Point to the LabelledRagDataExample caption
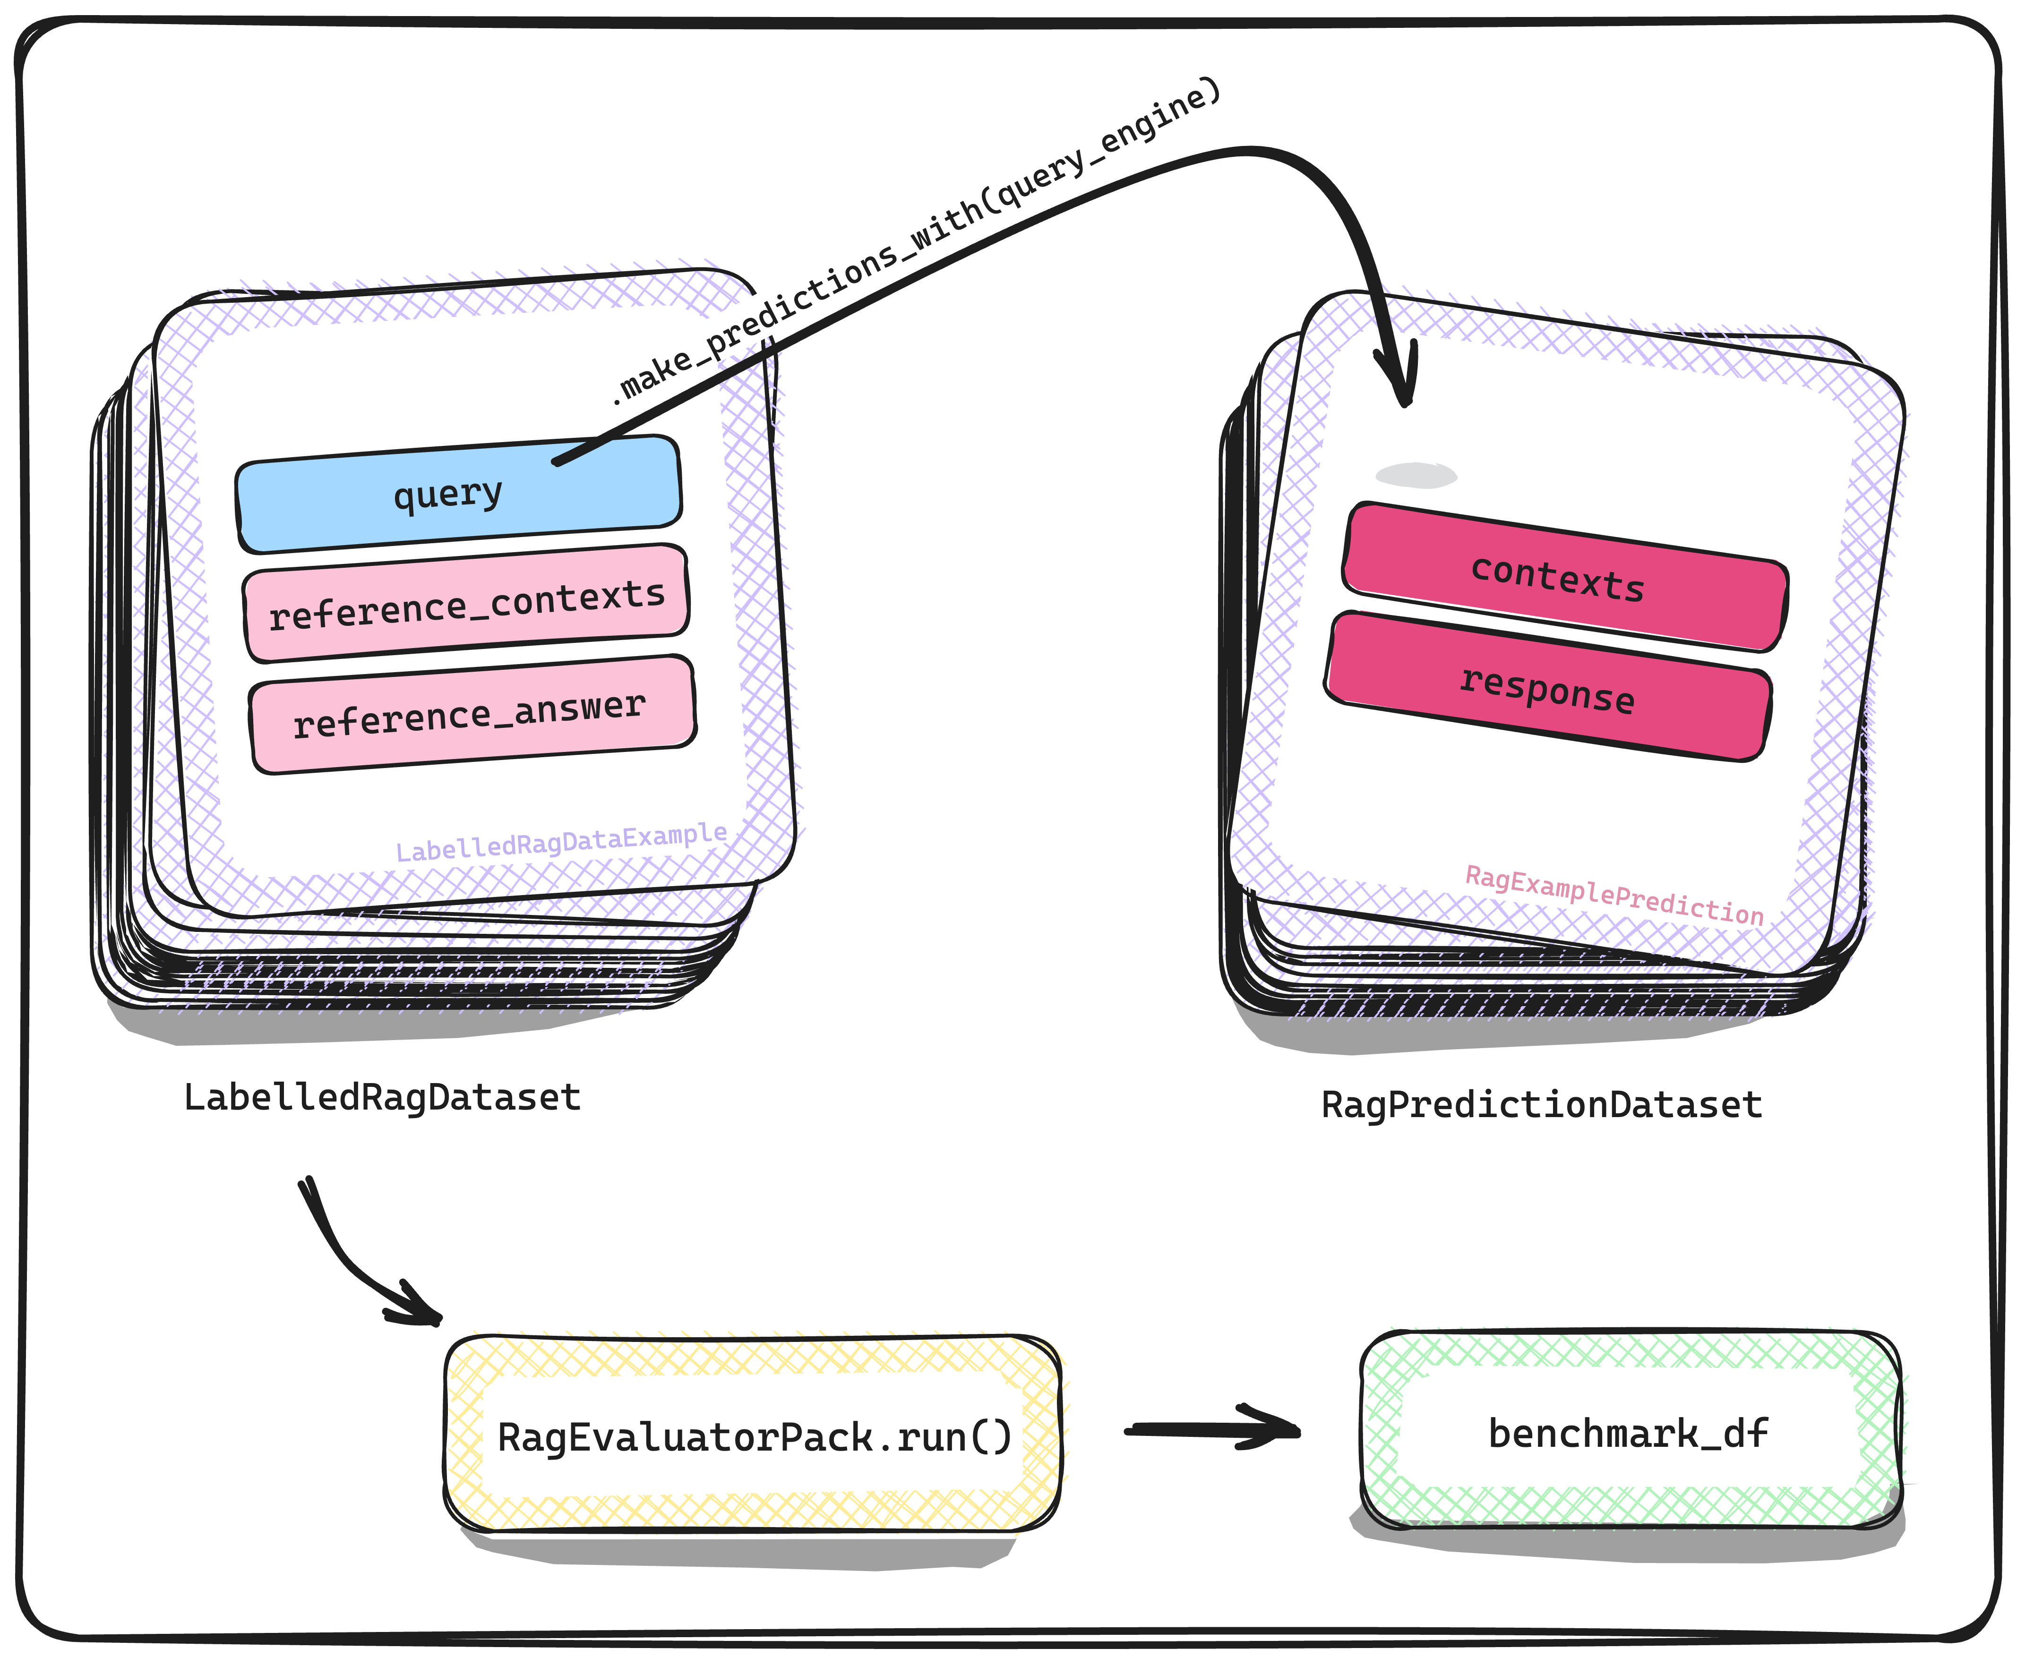click(x=561, y=842)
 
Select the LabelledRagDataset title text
click(x=382, y=1098)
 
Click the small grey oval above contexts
click(x=1416, y=474)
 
